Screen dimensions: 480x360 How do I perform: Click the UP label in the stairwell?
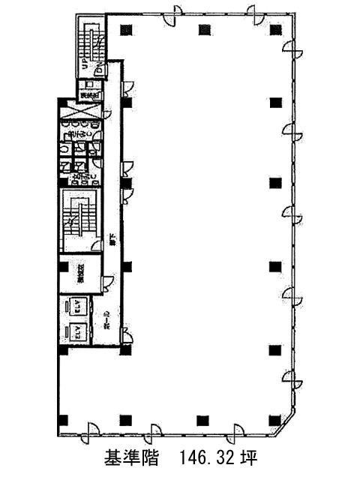(x=85, y=66)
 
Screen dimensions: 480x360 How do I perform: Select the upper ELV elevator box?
(x=76, y=306)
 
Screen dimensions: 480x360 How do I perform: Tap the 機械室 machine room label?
(x=78, y=276)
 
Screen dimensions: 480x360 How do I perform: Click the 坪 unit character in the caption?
(x=252, y=457)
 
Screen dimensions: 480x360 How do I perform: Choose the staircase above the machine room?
(x=76, y=219)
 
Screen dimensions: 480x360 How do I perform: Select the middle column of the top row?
(x=202, y=30)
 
